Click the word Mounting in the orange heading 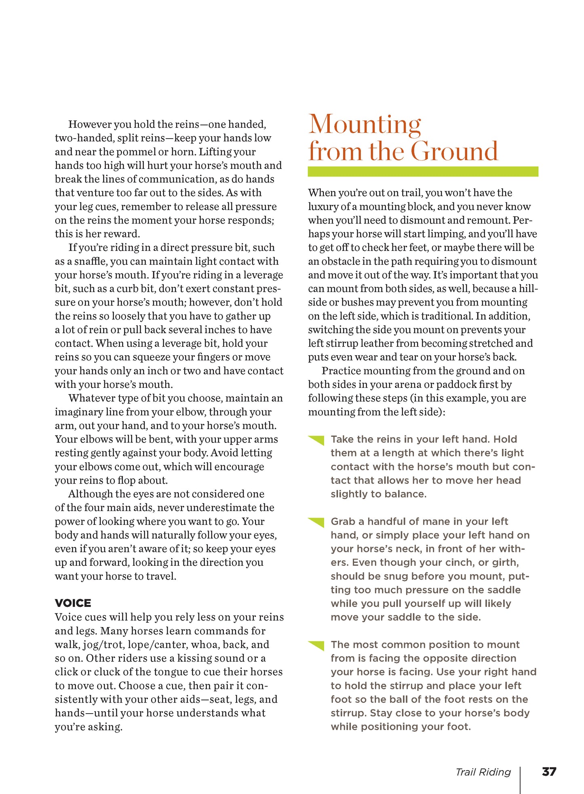pyautogui.click(x=365, y=125)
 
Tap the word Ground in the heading pyautogui.click(x=454, y=152)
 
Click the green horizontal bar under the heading pyautogui.click(x=423, y=171)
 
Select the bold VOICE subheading pyautogui.click(x=73, y=603)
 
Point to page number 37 pyautogui.click(x=549, y=772)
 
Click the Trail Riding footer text pyautogui.click(x=483, y=772)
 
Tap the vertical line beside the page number pyautogui.click(x=520, y=780)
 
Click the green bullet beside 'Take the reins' pyautogui.click(x=316, y=440)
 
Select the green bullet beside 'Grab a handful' pyautogui.click(x=316, y=522)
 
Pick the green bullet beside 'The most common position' pyautogui.click(x=316, y=645)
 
